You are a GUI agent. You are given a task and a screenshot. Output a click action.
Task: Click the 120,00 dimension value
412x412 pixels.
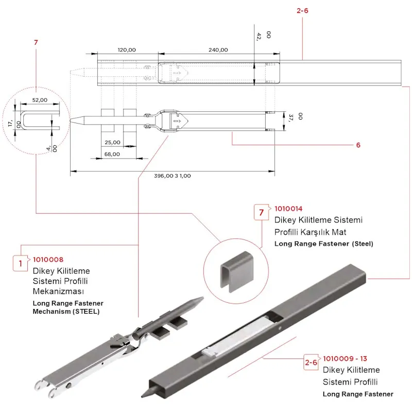click(x=127, y=50)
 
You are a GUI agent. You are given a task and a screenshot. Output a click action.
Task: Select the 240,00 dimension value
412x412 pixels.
click(x=218, y=50)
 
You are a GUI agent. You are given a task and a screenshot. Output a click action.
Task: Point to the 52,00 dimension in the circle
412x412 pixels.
click(x=40, y=100)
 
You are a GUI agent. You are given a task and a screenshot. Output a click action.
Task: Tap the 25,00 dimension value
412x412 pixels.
click(x=112, y=142)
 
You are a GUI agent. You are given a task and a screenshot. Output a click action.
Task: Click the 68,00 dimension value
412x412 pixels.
click(x=112, y=154)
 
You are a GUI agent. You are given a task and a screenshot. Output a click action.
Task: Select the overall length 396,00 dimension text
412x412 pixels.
click(x=172, y=176)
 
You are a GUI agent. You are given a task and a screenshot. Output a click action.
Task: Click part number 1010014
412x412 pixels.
click(x=289, y=209)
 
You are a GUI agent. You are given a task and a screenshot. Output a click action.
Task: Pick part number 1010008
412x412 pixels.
click(x=48, y=260)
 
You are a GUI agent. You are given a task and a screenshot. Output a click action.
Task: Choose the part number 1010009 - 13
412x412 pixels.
click(x=345, y=358)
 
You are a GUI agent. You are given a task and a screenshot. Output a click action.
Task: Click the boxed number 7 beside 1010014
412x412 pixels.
click(x=262, y=212)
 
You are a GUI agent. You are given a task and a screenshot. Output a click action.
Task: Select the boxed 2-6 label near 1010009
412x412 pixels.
click(x=311, y=363)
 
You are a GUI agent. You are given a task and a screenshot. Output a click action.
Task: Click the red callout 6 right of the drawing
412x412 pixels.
click(x=358, y=145)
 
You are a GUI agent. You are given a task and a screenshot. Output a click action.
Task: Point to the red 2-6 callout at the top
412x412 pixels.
click(x=303, y=10)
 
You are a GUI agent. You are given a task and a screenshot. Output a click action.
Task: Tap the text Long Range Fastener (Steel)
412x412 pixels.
click(x=324, y=244)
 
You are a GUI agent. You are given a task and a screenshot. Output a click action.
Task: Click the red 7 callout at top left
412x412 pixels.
click(x=36, y=42)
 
